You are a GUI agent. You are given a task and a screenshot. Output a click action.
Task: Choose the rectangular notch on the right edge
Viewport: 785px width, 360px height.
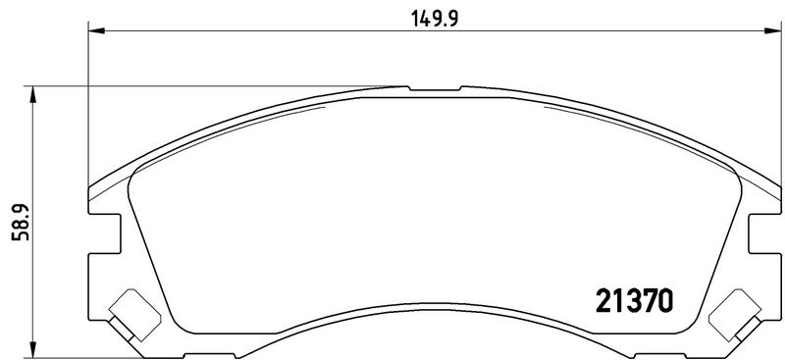click(x=761, y=236)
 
